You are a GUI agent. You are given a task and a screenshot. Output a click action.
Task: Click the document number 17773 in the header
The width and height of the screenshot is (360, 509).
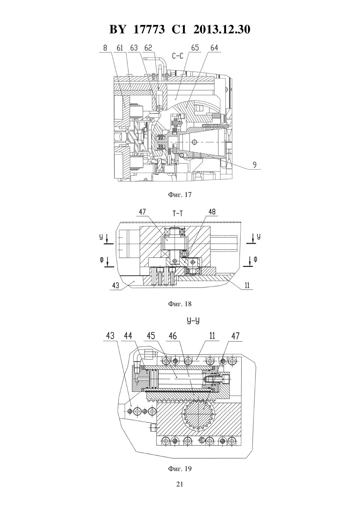[149, 29]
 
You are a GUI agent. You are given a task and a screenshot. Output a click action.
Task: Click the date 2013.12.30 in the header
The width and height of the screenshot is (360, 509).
[222, 29]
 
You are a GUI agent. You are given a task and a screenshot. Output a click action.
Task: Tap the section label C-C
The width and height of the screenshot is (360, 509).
[178, 56]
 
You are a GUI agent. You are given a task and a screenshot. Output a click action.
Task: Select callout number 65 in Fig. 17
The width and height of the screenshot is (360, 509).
[195, 48]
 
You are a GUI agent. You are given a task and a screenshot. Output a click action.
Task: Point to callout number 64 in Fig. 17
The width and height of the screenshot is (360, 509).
[214, 48]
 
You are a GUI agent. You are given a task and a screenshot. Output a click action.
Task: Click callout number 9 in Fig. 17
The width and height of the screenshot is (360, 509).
[255, 165]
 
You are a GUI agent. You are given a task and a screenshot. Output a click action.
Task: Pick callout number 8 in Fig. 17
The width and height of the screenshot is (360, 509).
[105, 48]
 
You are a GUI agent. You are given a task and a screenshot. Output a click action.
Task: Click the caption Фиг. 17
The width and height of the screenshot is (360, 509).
[180, 195]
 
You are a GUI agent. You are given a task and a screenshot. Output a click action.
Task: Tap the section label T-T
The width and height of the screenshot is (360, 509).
[177, 213]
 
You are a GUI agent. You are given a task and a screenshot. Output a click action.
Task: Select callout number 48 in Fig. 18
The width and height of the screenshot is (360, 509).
[212, 212]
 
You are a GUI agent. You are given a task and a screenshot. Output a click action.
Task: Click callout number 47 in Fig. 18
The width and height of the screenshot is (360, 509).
[142, 212]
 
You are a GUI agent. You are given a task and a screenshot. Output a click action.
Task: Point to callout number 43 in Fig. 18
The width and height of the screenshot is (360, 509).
[116, 285]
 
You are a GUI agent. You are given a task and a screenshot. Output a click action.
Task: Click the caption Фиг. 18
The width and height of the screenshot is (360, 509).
[180, 304]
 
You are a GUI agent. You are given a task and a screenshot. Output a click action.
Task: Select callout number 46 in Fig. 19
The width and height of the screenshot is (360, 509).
[173, 336]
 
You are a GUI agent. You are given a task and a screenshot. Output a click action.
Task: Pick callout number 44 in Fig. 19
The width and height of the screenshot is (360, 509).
[128, 336]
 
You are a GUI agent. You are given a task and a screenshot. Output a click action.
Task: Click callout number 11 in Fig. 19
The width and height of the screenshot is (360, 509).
[212, 336]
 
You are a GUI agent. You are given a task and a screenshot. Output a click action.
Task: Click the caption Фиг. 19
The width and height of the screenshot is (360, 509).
[180, 468]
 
